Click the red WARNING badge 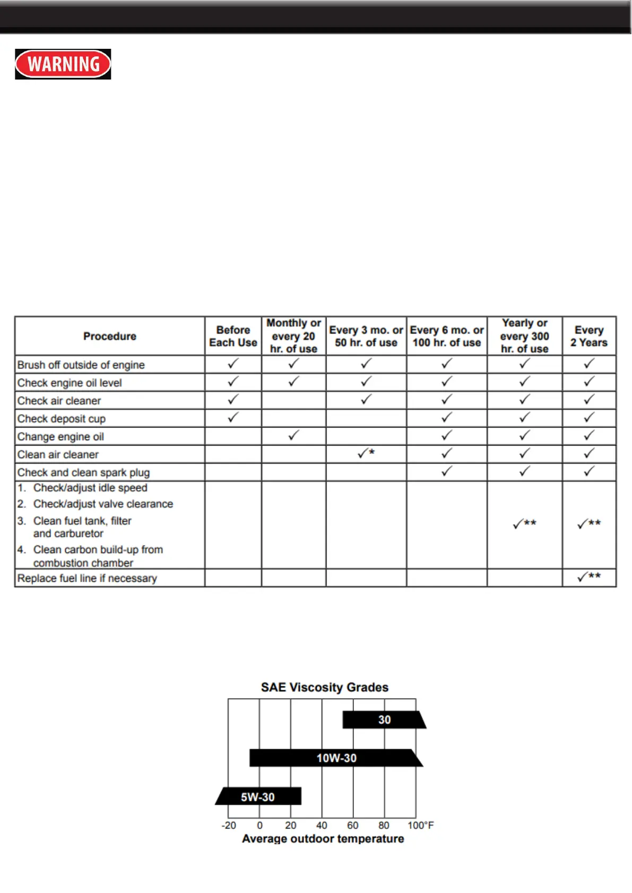pos(63,64)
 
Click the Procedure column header pos(110,336)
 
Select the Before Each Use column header pos(233,336)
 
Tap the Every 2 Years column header pos(588,336)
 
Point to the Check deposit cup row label pos(62,419)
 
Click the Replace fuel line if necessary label pos(87,579)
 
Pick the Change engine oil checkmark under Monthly pos(293,436)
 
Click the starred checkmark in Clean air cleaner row pos(366,453)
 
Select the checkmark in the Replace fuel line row pos(588,576)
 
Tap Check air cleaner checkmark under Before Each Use pos(233,400)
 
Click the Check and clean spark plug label pos(83,472)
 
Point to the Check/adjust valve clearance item pos(103,504)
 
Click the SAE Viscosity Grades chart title pos(325,687)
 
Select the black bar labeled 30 pos(384,720)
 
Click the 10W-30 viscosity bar pos(336,758)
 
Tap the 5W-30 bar pos(258,796)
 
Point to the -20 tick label pos(229,825)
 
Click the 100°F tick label pos(420,825)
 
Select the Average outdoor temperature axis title pos(323,839)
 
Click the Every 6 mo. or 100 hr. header pos(447,336)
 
